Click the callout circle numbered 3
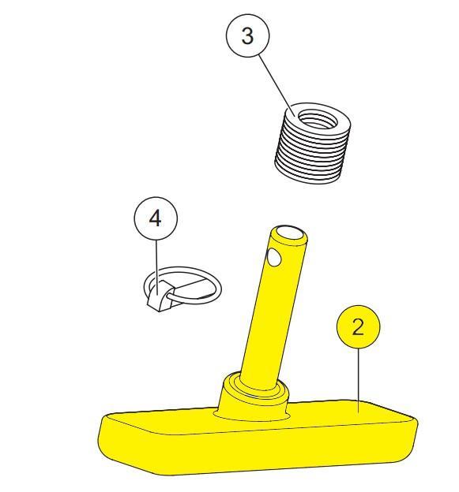point(247,35)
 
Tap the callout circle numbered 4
point(156,218)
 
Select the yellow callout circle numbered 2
point(358,326)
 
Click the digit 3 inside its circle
point(247,35)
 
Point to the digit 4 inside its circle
point(156,218)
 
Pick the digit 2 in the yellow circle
point(358,327)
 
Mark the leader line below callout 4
point(156,266)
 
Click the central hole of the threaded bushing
point(318,120)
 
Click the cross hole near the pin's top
point(274,257)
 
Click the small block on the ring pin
point(159,296)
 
